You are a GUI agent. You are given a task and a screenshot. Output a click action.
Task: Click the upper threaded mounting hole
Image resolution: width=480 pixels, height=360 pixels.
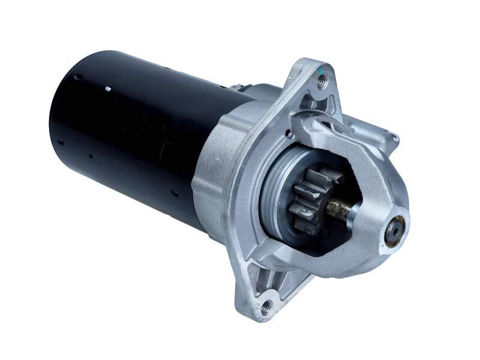point(322,82)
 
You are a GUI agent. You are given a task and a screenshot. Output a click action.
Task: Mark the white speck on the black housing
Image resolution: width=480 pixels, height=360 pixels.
point(108,89)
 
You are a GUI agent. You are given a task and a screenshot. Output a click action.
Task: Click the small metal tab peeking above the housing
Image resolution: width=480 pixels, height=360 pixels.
point(239,87)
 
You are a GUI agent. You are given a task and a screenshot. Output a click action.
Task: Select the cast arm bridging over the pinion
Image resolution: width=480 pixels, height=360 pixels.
point(336,135)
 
